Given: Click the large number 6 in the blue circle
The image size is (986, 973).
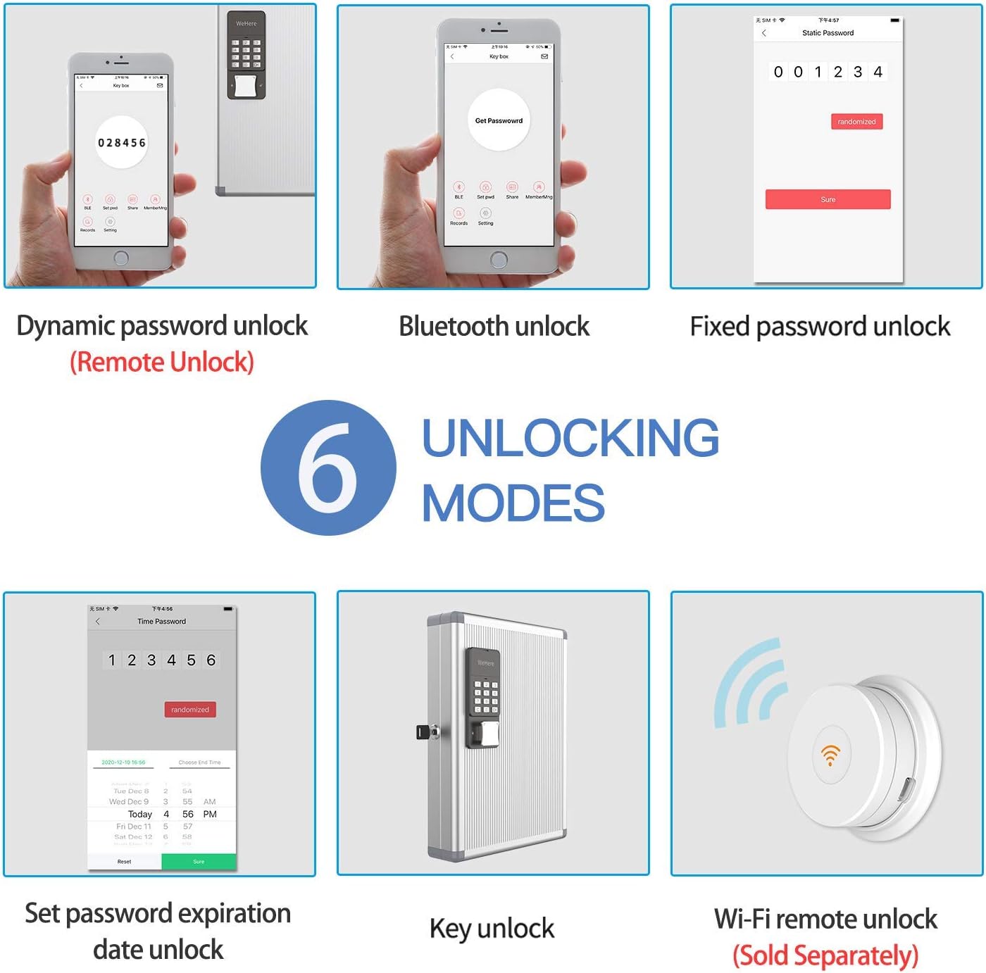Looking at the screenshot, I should pyautogui.click(x=327, y=468).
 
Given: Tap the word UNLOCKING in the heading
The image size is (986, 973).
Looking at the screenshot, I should pyautogui.click(x=570, y=438).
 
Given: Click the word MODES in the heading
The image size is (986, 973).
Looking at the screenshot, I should pyautogui.click(x=513, y=503).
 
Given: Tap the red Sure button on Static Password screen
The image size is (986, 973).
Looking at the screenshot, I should pyautogui.click(x=828, y=199).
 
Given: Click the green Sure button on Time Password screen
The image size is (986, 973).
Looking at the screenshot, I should pyautogui.click(x=199, y=861).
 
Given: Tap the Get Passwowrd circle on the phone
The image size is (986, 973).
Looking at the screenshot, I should pyautogui.click(x=499, y=120).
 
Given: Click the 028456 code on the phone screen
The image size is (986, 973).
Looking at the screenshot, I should pyautogui.click(x=121, y=143).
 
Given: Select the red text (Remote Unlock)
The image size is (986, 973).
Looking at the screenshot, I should pyautogui.click(x=161, y=362).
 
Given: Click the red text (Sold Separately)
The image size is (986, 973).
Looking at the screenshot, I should pyautogui.click(x=825, y=955).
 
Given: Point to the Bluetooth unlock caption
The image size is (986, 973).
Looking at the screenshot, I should pyautogui.click(x=494, y=327).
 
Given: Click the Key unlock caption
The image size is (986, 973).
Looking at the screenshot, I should pyautogui.click(x=492, y=929).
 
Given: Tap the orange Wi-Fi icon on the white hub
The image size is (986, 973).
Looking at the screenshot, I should pyautogui.click(x=830, y=754).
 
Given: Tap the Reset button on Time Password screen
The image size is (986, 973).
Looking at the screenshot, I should pyautogui.click(x=124, y=861).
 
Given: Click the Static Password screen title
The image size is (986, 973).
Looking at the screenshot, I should pyautogui.click(x=828, y=33).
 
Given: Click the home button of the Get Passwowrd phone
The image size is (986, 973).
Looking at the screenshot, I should pyautogui.click(x=499, y=260).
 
